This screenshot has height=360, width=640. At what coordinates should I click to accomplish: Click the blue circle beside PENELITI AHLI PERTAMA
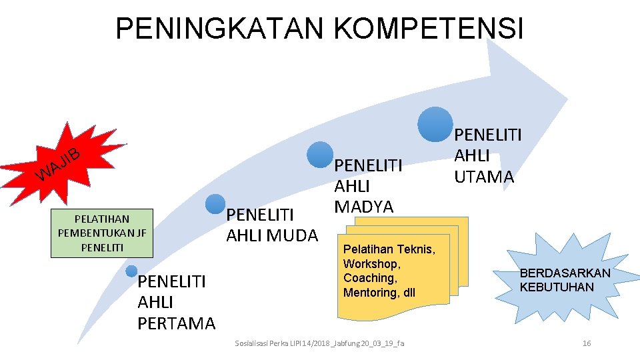(132, 271)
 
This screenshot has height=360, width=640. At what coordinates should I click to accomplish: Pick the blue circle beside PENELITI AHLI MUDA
(215, 204)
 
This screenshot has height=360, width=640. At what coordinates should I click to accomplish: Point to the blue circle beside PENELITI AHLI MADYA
(321, 153)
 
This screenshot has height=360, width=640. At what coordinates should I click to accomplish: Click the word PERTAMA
(177, 324)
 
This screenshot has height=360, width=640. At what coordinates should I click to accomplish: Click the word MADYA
(364, 207)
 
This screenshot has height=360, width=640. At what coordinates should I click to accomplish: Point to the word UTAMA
(484, 177)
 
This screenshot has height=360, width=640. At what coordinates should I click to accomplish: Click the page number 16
(587, 343)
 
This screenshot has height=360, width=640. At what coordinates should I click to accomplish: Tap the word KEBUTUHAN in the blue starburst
(557, 287)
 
